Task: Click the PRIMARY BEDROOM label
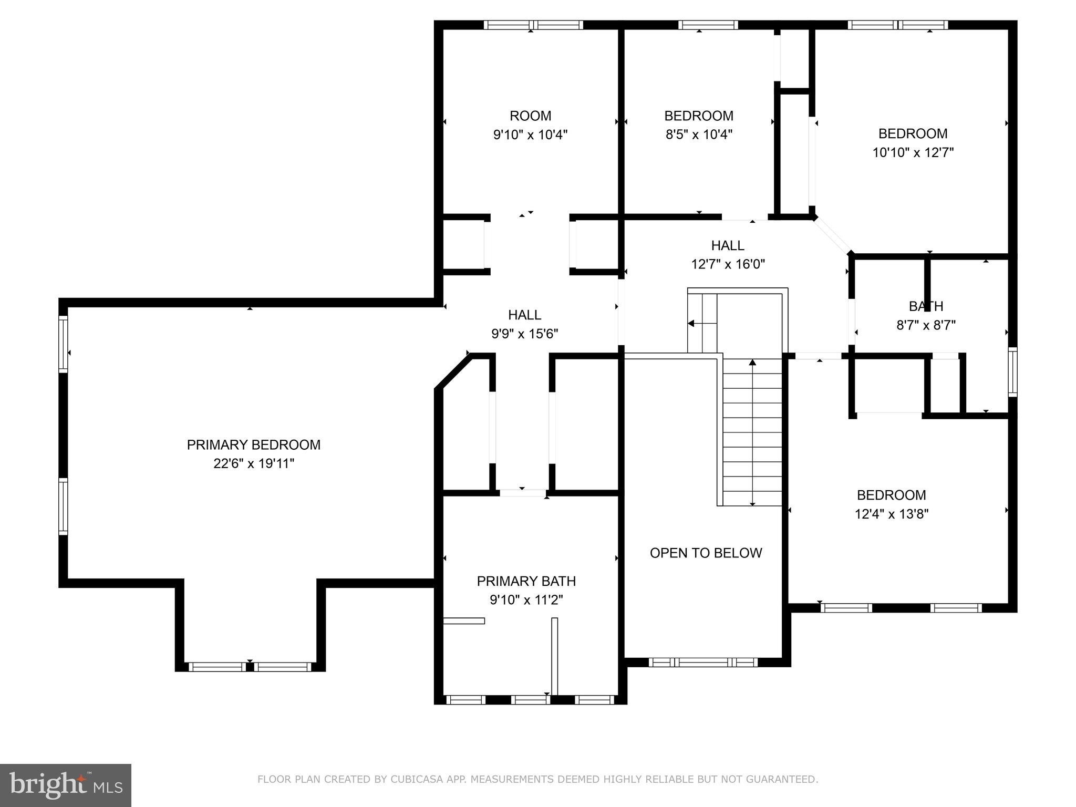[253, 444]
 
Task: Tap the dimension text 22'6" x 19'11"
[253, 463]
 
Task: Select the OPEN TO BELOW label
[706, 553]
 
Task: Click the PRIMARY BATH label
[526, 581]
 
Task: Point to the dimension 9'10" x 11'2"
[526, 600]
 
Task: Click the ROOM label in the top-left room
[530, 116]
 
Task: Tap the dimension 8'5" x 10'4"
[699, 134]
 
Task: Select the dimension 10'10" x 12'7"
[913, 152]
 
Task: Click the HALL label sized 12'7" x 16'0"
[728, 245]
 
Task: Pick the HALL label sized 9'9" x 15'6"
[524, 315]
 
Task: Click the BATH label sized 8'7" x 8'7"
[926, 306]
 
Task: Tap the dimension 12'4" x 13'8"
[891, 514]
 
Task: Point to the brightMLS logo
[66, 785]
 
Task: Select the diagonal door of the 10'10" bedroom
[833, 236]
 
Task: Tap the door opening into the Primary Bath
[523, 493]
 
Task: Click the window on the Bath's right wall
[1012, 371]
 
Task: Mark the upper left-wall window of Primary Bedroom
[63, 344]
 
